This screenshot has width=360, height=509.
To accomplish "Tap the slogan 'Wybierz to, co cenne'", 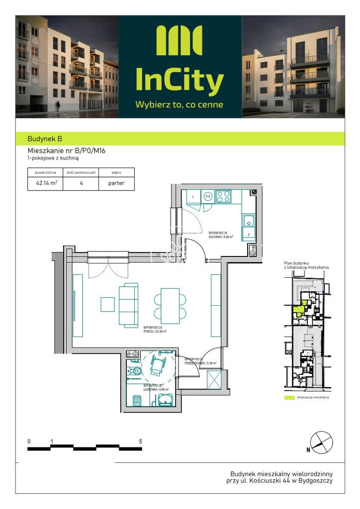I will (x=180, y=105).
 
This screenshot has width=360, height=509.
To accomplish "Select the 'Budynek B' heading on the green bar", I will (x=45, y=139).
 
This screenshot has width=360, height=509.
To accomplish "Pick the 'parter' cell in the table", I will (x=116, y=183).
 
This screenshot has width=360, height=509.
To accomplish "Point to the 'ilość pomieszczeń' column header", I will (x=81, y=172).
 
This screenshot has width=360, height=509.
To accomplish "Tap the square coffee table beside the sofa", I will (x=107, y=304).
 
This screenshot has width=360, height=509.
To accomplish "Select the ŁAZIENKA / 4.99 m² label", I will (x=156, y=388).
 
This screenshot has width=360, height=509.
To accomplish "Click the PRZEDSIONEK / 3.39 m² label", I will (x=201, y=361).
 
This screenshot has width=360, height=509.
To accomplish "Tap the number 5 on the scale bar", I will (x=141, y=441).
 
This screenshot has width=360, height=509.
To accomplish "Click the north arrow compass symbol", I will (x=321, y=442).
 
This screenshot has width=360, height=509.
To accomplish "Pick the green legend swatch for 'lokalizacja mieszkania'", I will (x=289, y=398).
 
